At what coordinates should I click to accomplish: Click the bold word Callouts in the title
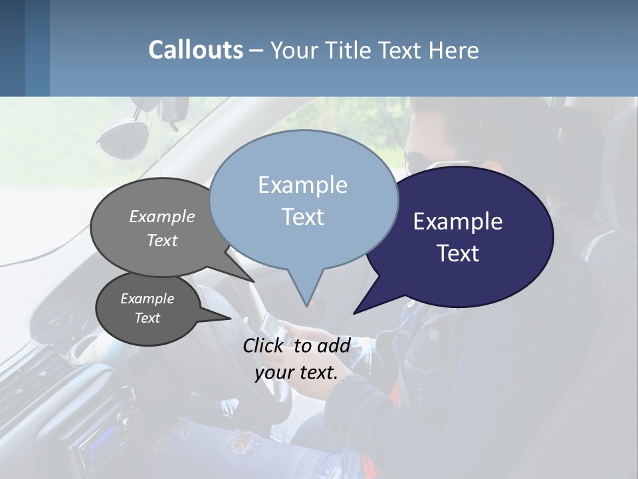click(195, 50)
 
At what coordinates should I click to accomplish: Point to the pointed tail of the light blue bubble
click(306, 296)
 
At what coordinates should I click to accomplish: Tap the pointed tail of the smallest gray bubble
click(223, 317)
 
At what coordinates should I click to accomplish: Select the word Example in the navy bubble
click(458, 222)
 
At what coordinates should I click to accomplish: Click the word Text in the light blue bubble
click(302, 217)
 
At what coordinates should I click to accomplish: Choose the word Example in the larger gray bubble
click(162, 217)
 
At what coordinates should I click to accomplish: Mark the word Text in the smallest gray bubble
click(148, 318)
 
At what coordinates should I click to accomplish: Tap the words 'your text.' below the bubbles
click(296, 373)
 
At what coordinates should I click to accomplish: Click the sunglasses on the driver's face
click(413, 160)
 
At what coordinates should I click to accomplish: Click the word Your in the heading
click(294, 50)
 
